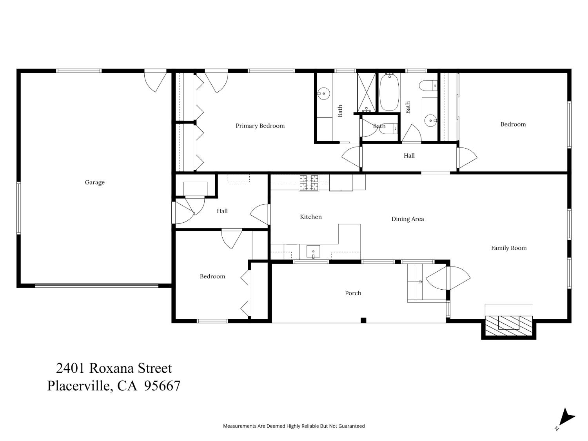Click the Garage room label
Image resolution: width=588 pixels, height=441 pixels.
coord(94,182)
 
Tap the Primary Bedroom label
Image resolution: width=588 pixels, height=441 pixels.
coord(260,126)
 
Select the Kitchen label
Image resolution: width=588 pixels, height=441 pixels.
coord(310,217)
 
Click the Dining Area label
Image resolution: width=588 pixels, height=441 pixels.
coord(407,219)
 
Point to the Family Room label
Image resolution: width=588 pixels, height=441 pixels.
coord(508,248)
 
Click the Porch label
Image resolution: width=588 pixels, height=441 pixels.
coord(353,293)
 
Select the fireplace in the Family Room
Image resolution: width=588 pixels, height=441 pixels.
coord(508,323)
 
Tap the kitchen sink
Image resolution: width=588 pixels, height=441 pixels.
coord(313,252)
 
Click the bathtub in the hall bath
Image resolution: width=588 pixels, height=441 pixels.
coord(389,93)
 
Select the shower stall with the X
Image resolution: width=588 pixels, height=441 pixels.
coord(366,93)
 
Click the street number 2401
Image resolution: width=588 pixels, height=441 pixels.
coord(71,368)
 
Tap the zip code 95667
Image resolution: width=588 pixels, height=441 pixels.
coord(162,386)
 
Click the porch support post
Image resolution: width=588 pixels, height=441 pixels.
coord(363,320)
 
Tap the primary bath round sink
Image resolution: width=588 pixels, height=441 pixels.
coord(324,93)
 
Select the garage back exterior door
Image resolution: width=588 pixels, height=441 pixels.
coord(156,80)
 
